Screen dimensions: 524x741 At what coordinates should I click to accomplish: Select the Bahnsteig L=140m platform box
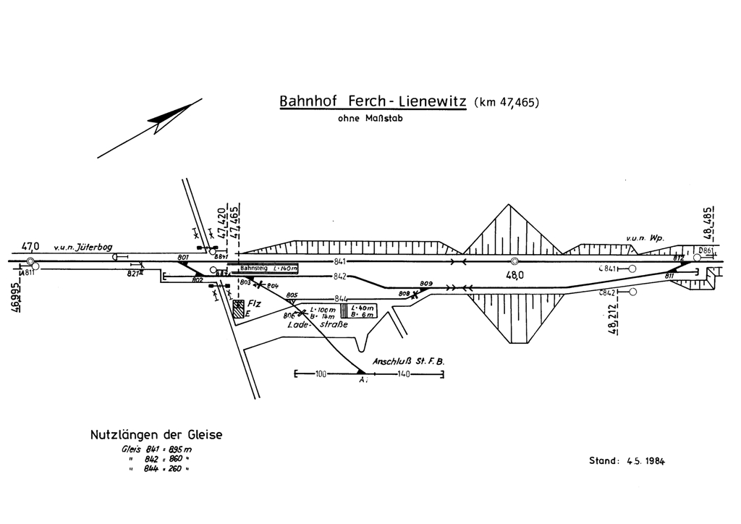pos(268,269)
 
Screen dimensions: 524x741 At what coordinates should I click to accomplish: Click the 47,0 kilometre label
pos(31,246)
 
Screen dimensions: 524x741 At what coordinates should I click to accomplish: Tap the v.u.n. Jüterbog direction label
pos(82,248)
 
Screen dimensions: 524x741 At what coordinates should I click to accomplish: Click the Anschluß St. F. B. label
pos(407,360)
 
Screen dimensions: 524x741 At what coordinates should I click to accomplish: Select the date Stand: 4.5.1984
pos(627,460)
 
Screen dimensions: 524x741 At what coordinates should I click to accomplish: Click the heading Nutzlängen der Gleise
pos(156,435)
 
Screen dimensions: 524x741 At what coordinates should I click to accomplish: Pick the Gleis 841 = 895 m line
pos(156,449)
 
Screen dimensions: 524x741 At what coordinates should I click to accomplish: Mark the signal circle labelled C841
pos(632,269)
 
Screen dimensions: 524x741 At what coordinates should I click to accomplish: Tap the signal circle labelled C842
pos(632,292)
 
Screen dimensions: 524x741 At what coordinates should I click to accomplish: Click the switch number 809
pos(425,283)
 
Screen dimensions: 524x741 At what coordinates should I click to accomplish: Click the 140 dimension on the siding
pos(404,374)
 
